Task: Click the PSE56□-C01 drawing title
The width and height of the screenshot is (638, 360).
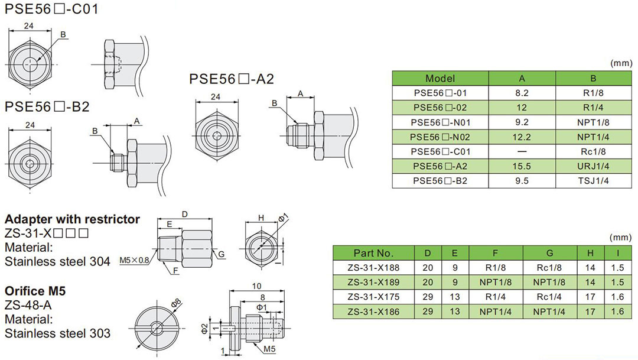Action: click(x=52, y=9)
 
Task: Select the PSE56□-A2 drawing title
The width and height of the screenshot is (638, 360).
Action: click(x=232, y=79)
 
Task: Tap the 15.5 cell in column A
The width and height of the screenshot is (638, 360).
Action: click(x=522, y=167)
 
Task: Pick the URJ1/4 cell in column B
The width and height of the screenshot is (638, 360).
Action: click(x=593, y=167)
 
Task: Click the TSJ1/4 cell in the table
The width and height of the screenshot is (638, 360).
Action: click(x=593, y=181)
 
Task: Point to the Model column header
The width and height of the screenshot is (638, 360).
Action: click(x=440, y=79)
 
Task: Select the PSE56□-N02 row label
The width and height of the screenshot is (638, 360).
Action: click(x=440, y=137)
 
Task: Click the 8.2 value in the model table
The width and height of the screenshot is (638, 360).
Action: click(x=522, y=93)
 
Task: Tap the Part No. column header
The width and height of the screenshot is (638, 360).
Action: click(x=373, y=253)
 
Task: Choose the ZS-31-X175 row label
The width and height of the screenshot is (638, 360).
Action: click(x=373, y=297)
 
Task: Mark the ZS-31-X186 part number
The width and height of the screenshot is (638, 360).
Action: click(x=373, y=312)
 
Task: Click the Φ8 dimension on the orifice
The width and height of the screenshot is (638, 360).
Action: click(x=175, y=304)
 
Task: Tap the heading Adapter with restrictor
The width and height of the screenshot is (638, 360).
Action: click(x=72, y=219)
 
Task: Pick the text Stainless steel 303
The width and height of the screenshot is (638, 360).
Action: click(x=57, y=333)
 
